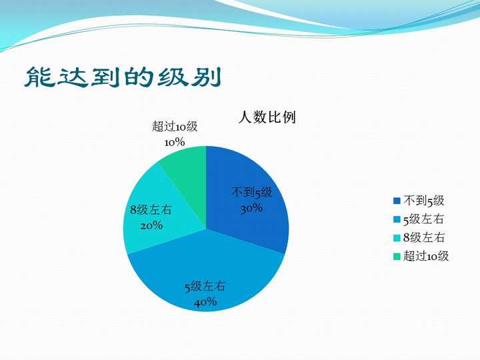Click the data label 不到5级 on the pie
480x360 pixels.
pyautogui.click(x=251, y=193)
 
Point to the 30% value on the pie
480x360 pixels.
pyautogui.click(x=251, y=208)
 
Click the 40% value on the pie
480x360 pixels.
pyautogui.click(x=205, y=302)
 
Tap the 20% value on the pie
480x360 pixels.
pyautogui.click(x=151, y=225)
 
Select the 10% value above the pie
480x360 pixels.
pyautogui.click(x=174, y=142)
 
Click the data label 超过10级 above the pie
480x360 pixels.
pyautogui.click(x=175, y=127)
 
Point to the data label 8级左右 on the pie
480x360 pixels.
pyautogui.click(x=151, y=210)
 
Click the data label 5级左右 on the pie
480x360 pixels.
pyautogui.click(x=205, y=287)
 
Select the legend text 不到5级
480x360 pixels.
pyautogui.click(x=423, y=201)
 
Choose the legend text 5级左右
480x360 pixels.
pyautogui.click(x=424, y=219)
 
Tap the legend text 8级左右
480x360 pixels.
pyautogui.click(x=424, y=237)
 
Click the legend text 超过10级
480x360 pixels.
pyautogui.click(x=426, y=256)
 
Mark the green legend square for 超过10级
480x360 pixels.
pyautogui.click(x=397, y=257)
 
